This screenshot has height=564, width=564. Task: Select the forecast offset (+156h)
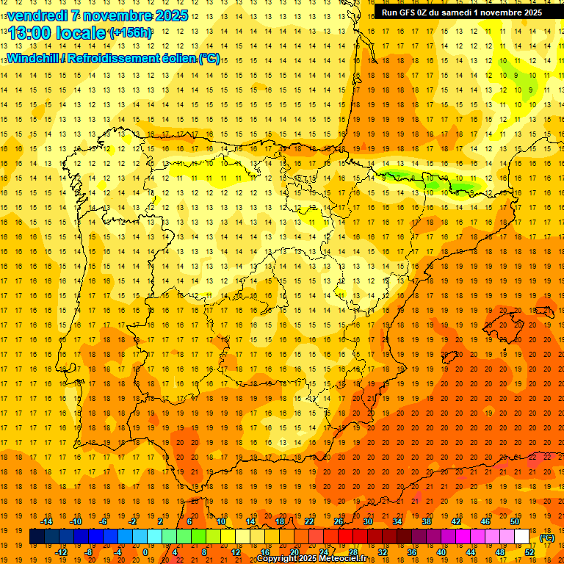(x=130, y=33)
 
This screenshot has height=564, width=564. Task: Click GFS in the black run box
(x=411, y=12)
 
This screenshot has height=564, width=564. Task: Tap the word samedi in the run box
(x=460, y=12)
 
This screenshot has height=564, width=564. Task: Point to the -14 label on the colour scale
(x=46, y=521)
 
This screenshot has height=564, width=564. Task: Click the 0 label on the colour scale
(x=145, y=552)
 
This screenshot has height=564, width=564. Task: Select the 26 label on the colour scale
(x=339, y=521)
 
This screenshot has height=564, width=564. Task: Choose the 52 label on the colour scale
(x=529, y=552)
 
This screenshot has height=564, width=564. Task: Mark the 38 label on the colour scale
(x=427, y=521)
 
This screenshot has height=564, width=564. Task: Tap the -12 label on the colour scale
(x=61, y=552)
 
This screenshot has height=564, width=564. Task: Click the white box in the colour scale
(x=521, y=537)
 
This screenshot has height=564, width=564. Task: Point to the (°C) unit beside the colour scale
(x=546, y=538)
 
